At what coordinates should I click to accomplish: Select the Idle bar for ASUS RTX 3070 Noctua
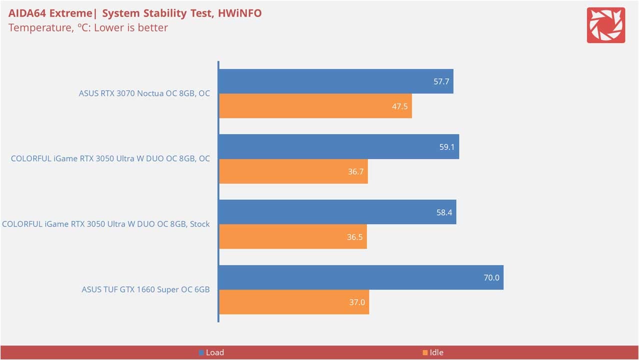tap(315, 106)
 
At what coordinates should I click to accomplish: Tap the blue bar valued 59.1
tap(338, 146)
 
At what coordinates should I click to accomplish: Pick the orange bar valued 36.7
tap(293, 171)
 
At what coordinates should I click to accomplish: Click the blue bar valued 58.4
tap(337, 212)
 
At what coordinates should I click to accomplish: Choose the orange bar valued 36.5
tap(293, 236)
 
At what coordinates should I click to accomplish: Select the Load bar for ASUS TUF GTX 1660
tap(361, 277)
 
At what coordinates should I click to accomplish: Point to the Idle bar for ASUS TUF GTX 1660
tap(294, 302)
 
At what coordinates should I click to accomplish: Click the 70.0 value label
tap(491, 277)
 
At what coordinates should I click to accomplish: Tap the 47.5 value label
tap(399, 106)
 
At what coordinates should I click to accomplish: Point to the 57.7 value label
tap(441, 81)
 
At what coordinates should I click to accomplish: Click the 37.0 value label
tap(357, 302)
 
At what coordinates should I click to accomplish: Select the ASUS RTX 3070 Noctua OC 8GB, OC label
tap(144, 93)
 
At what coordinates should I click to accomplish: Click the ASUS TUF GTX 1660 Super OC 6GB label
tap(145, 289)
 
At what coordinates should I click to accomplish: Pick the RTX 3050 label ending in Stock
tap(105, 224)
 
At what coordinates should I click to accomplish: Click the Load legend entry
tap(211, 352)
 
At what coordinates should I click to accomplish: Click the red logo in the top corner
tap(605, 25)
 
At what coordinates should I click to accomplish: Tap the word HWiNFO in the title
tap(239, 13)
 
